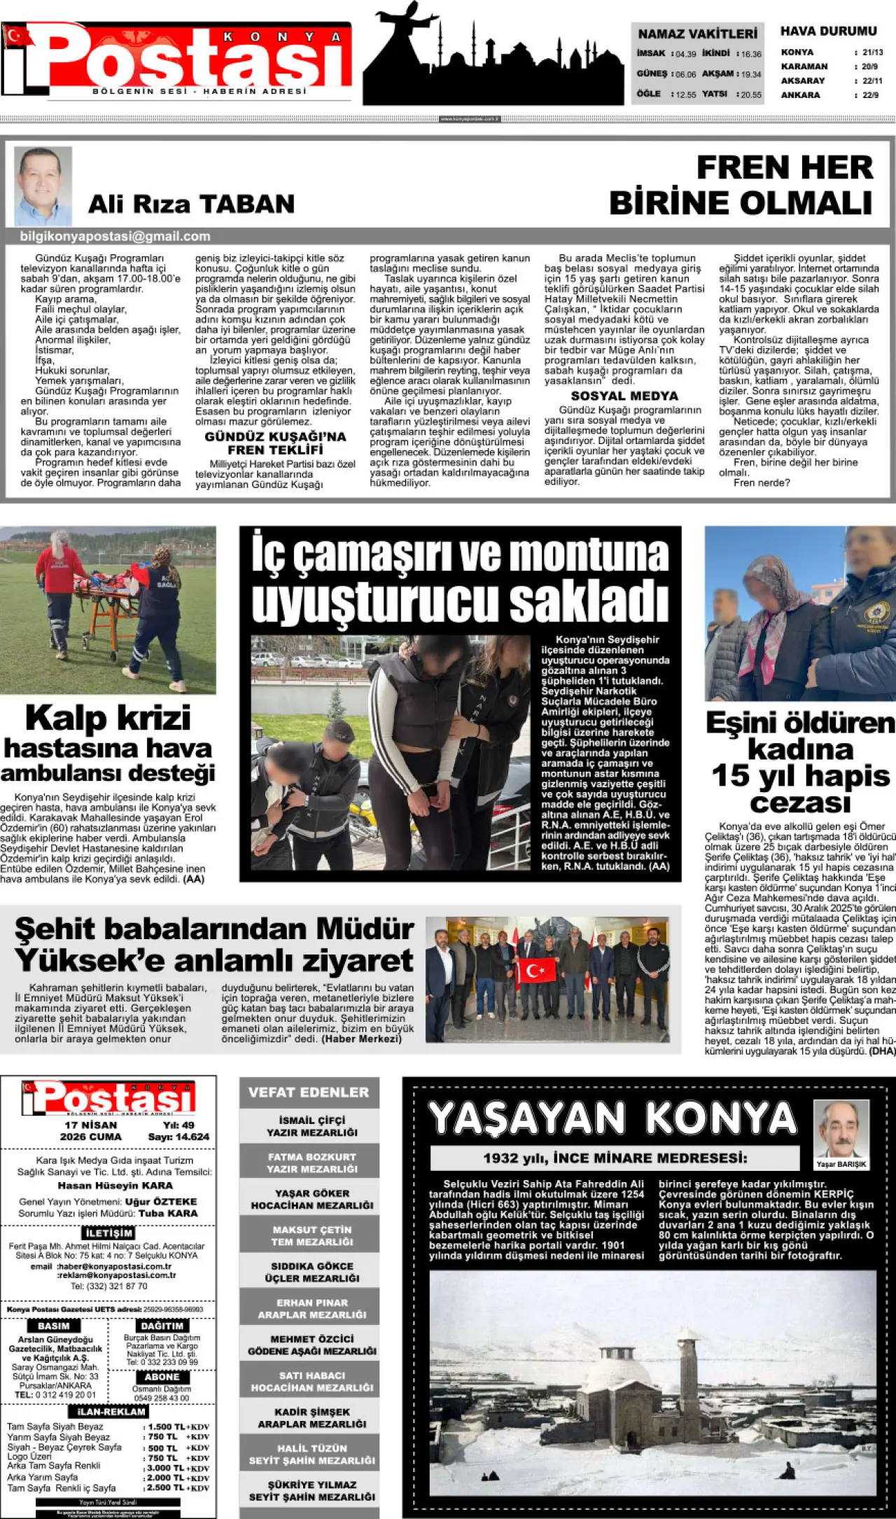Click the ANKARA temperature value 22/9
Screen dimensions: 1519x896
point(871,95)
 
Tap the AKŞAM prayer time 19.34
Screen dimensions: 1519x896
point(751,74)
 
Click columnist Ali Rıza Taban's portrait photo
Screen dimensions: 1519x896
point(43,186)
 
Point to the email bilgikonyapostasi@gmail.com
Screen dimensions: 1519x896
point(115,237)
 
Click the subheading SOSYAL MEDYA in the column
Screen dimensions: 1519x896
point(624,396)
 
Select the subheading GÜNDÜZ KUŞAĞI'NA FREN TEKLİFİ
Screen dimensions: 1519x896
point(275,443)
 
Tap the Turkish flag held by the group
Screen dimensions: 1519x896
point(536,971)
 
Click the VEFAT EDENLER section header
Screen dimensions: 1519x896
point(309,1092)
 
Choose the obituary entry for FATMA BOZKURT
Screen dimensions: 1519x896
point(311,1163)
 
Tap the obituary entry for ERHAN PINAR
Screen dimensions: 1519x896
point(311,1308)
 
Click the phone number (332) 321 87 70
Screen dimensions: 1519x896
point(109,1286)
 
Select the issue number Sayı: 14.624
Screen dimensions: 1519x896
point(178,1137)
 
